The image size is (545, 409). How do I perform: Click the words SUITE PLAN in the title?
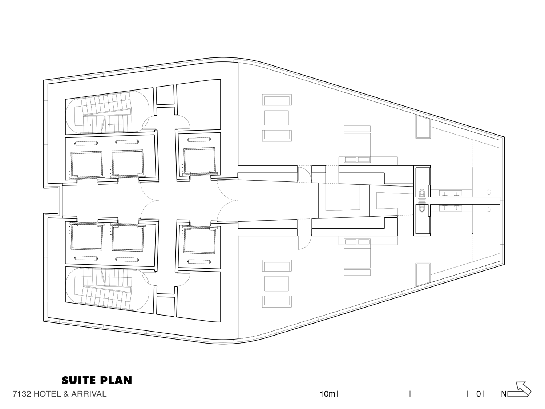(x=97, y=380)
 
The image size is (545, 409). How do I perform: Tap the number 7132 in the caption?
(x=22, y=394)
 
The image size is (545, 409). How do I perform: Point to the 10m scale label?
(x=327, y=394)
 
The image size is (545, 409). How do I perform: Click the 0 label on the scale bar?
(x=479, y=394)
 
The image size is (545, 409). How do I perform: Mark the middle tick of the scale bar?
(x=410, y=394)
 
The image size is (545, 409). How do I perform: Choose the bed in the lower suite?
(x=357, y=257)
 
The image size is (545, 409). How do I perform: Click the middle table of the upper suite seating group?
(x=276, y=118)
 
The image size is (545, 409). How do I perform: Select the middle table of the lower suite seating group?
(x=276, y=283)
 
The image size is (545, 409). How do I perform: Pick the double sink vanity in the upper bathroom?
(x=451, y=193)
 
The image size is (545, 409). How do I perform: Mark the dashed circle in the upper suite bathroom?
(x=489, y=192)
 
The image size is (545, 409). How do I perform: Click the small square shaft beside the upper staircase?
(x=165, y=95)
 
